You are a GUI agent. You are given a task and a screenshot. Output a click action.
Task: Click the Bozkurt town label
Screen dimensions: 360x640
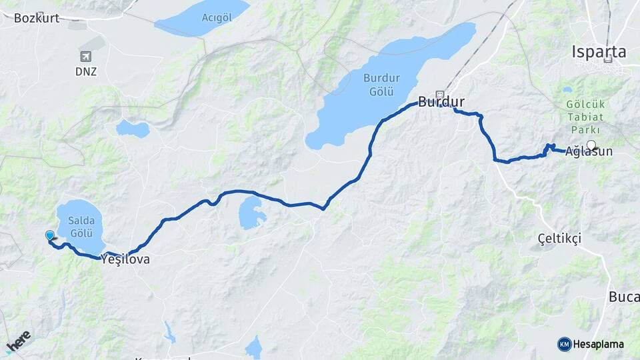[36, 18]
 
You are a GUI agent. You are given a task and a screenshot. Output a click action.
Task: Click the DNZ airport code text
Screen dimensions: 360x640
[85, 71]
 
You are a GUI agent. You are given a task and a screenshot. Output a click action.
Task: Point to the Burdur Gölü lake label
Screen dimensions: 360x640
[381, 84]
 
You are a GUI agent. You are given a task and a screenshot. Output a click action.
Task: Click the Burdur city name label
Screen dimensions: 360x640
[441, 103]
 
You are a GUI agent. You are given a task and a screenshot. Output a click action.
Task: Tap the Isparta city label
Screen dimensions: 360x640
[599, 51]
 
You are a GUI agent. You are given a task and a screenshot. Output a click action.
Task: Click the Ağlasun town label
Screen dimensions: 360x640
[588, 152]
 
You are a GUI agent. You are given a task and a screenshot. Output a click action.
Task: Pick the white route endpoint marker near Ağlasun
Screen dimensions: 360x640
[591, 144]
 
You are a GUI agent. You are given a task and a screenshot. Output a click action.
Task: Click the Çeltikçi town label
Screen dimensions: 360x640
[559, 238]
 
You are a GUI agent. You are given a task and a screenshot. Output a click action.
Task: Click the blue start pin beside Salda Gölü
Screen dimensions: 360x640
[50, 235]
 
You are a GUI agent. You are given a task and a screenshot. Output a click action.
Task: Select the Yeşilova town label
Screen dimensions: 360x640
[125, 261]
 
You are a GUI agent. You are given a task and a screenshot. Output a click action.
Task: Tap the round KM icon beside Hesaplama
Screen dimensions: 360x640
[564, 344]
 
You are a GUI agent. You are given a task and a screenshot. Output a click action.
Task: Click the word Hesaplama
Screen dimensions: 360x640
[598, 345]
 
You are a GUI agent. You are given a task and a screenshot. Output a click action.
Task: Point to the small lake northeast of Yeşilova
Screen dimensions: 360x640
[252, 212]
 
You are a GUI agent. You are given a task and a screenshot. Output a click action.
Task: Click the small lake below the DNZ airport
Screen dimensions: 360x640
[132, 129]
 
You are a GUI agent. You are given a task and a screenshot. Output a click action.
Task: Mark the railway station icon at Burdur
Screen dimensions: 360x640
[440, 94]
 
